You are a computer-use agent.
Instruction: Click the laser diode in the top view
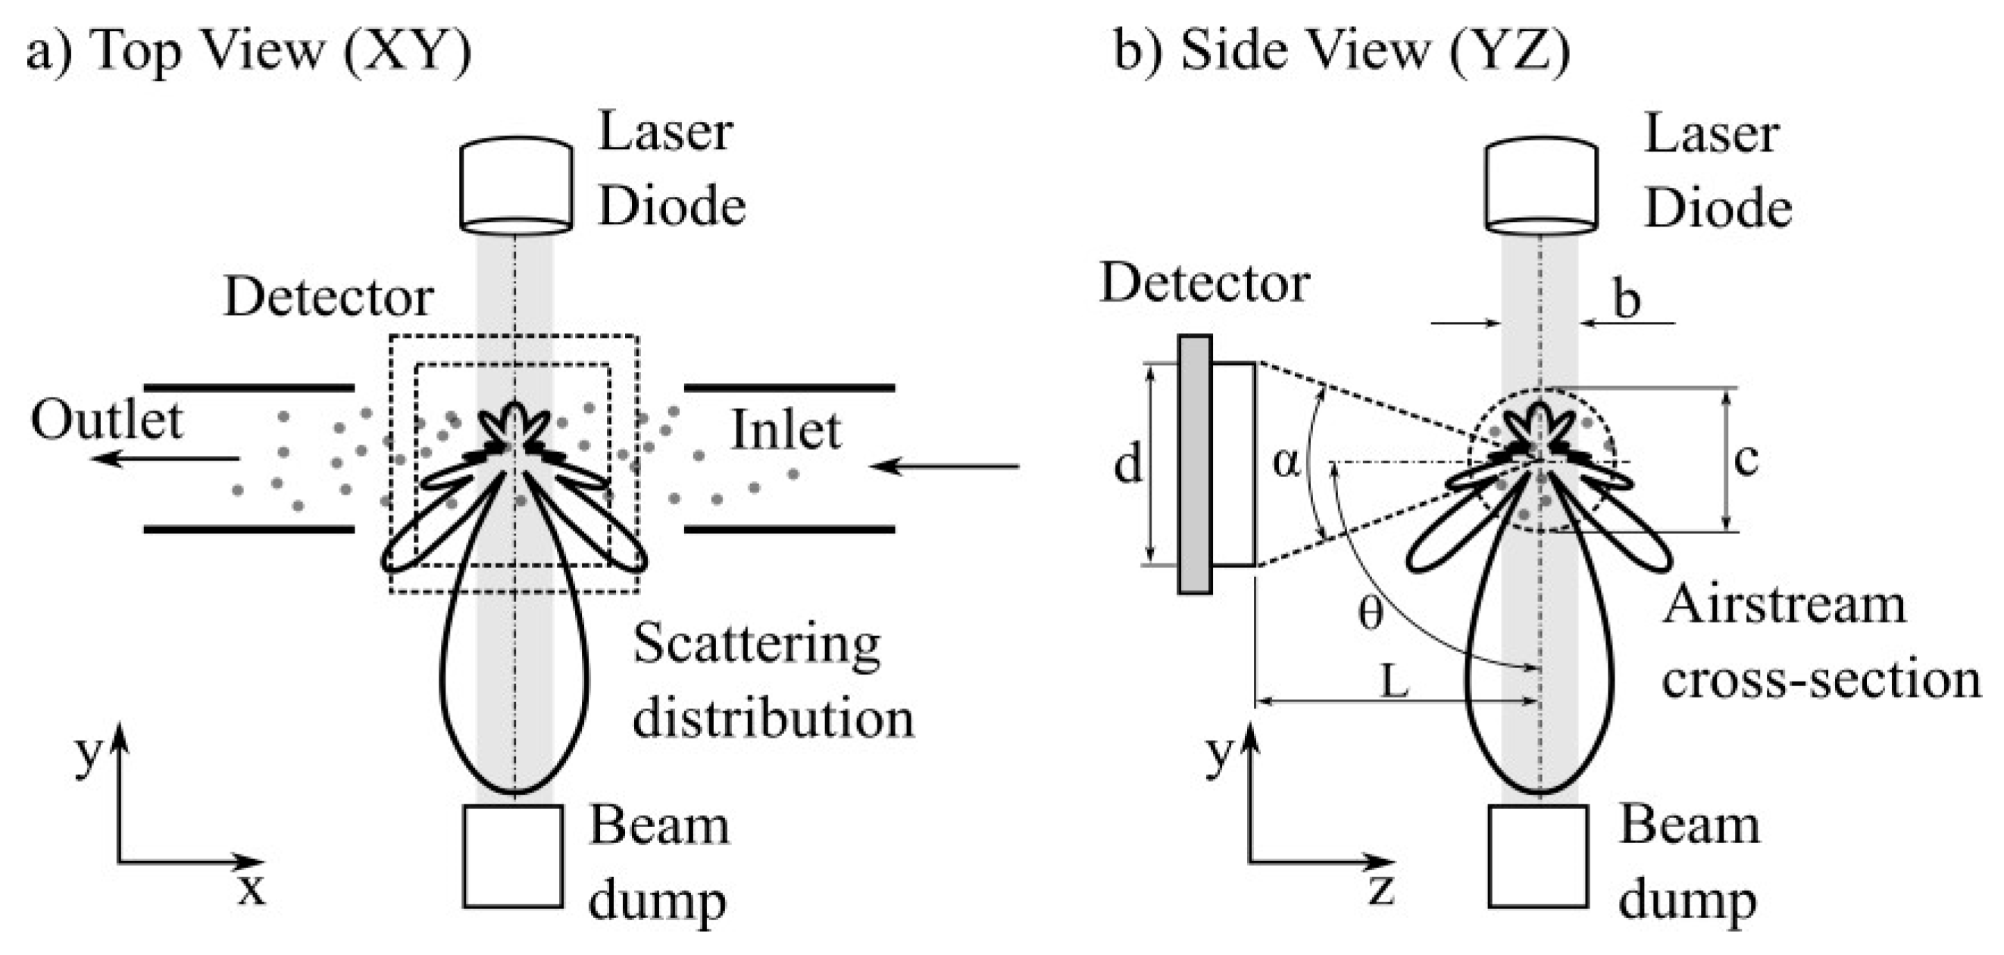[x=516, y=185]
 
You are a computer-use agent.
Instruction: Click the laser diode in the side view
[x=1541, y=185]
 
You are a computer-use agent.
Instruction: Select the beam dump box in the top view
[x=513, y=856]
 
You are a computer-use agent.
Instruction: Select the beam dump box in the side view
[x=1538, y=856]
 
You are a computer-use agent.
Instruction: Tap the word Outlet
[x=107, y=421]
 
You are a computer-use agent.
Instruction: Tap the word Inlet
[x=786, y=430]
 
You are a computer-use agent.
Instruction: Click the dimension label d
[x=1128, y=465]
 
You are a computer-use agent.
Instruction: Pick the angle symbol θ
[x=1371, y=613]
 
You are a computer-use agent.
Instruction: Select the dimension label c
[x=1746, y=459]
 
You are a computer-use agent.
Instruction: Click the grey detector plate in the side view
[x=1195, y=464]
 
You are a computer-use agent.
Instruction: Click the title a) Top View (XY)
[x=249, y=51]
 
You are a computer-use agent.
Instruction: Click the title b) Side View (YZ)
[x=1342, y=51]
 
